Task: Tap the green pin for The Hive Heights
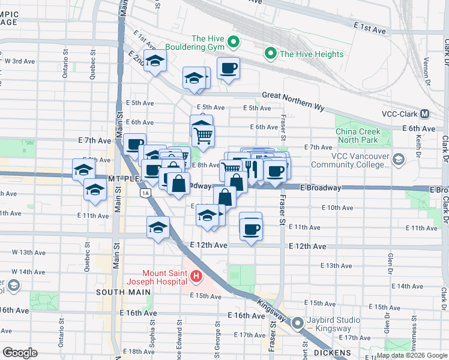point(271,54)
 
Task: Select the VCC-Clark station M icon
point(424,113)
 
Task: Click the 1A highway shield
point(145,193)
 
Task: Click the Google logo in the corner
point(20,352)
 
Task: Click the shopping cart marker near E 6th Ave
point(203,137)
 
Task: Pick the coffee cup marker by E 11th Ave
point(250,229)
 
